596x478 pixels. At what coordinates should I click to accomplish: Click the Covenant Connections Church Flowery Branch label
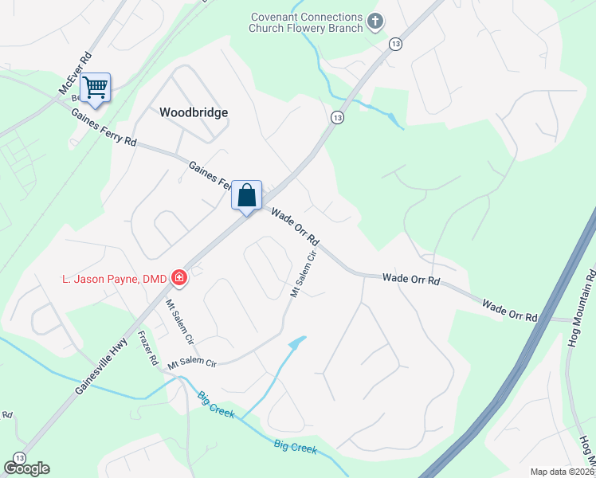[x=306, y=22]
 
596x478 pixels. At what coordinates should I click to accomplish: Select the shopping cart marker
[x=95, y=87]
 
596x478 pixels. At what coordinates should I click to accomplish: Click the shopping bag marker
[x=246, y=195]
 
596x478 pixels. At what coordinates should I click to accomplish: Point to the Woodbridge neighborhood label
[x=194, y=112]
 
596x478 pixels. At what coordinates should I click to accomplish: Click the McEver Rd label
[x=76, y=75]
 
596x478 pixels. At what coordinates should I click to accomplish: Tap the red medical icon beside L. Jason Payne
[x=179, y=277]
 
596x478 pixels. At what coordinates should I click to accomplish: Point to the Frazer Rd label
[x=148, y=348]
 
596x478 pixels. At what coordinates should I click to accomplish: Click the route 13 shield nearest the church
[x=394, y=43]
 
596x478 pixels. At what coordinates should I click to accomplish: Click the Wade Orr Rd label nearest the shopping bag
[x=295, y=227]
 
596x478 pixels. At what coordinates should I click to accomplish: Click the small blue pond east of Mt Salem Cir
[x=296, y=343]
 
